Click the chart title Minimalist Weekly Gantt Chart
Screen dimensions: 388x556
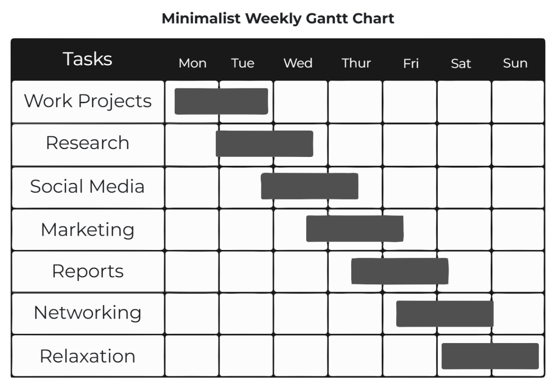click(x=278, y=19)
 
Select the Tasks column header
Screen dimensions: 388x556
click(x=88, y=59)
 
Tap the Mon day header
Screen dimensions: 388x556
click(x=192, y=63)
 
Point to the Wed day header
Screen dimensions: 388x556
click(x=298, y=63)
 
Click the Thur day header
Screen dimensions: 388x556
click(x=356, y=63)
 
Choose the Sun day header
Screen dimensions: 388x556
click(x=515, y=63)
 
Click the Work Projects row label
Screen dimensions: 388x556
click(x=88, y=101)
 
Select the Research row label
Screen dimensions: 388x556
click(x=88, y=143)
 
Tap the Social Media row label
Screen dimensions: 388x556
click(x=88, y=186)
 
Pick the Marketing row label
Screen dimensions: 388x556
click(x=88, y=229)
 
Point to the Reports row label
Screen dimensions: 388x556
click(x=88, y=271)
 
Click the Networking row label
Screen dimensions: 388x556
click(x=88, y=313)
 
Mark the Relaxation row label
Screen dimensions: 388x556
click(x=88, y=356)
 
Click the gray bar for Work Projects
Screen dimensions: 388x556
click(x=221, y=101)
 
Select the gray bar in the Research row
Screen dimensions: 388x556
click(x=264, y=144)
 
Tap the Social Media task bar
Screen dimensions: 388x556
click(x=310, y=186)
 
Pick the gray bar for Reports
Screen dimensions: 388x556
click(x=399, y=271)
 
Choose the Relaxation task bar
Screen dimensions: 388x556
click(x=490, y=356)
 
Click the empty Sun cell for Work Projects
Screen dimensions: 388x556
click(x=518, y=101)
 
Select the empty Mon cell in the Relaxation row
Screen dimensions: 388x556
click(x=191, y=356)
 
